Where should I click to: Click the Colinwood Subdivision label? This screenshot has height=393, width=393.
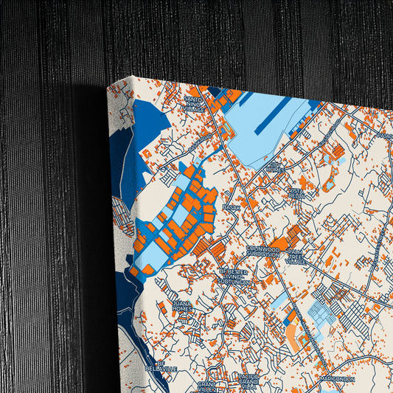coord(262,251)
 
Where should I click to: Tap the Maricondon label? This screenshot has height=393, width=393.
coord(338,379)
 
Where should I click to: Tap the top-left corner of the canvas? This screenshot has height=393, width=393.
coord(108,86)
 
